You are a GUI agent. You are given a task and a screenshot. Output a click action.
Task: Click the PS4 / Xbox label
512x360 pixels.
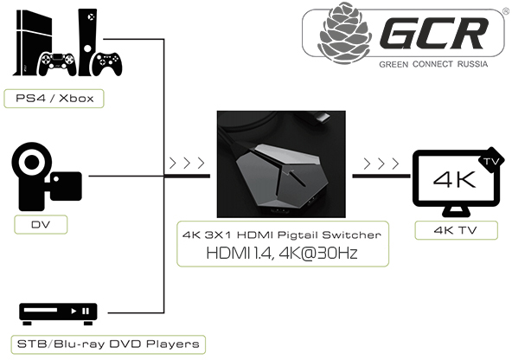pos(54,99)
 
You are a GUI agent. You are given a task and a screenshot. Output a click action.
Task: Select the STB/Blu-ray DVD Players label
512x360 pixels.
pos(108,344)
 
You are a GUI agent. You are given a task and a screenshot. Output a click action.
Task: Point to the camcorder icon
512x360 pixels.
pos(48,178)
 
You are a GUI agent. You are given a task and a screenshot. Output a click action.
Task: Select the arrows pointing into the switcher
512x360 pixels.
pos(188,162)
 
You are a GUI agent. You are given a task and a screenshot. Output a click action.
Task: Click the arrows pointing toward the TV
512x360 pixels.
pos(381,162)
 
